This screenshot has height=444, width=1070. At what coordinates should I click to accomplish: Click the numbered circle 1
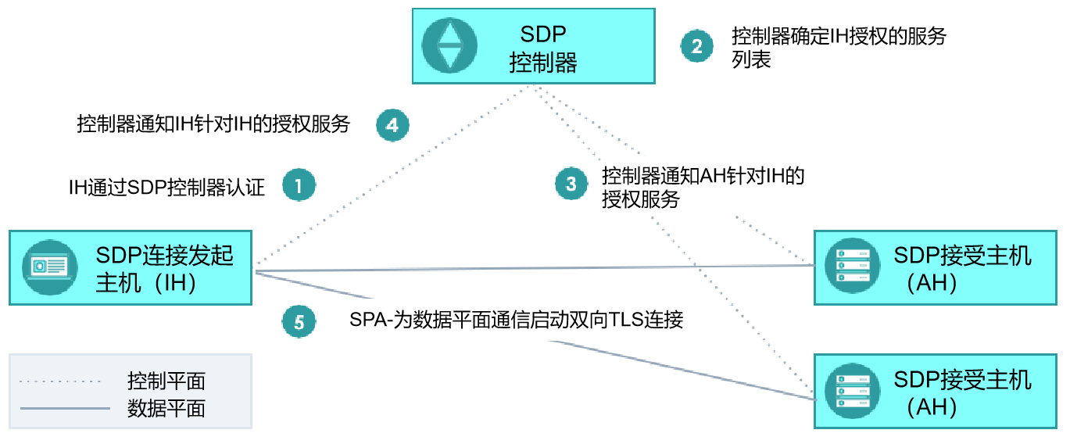pyautogui.click(x=299, y=185)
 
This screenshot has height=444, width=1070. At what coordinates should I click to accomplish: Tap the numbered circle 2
pyautogui.click(x=696, y=46)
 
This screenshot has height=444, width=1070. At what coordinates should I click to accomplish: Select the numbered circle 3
pyautogui.click(x=571, y=184)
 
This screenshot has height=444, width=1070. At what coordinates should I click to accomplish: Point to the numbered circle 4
pyautogui.click(x=392, y=125)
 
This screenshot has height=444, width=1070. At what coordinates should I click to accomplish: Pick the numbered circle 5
pyautogui.click(x=299, y=321)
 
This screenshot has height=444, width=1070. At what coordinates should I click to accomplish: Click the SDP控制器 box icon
pyautogui.click(x=449, y=46)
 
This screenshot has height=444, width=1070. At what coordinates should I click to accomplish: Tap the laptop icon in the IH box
pyautogui.click(x=50, y=267)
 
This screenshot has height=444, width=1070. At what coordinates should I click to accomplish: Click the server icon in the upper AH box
pyautogui.click(x=853, y=266)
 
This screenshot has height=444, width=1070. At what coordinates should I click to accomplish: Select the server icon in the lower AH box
pyautogui.click(x=853, y=391)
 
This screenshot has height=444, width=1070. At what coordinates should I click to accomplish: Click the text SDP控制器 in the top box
pyautogui.click(x=543, y=48)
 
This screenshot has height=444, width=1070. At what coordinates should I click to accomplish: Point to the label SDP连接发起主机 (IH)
pyautogui.click(x=164, y=269)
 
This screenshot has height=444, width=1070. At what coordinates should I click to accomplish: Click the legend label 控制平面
pyautogui.click(x=166, y=381)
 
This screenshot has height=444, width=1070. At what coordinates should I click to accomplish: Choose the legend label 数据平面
pyautogui.click(x=166, y=409)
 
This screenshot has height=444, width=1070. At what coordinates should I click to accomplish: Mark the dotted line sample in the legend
pyautogui.click(x=60, y=381)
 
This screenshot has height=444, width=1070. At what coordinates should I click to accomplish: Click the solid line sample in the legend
pyautogui.click(x=65, y=409)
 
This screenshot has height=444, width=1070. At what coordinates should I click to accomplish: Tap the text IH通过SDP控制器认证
pyautogui.click(x=166, y=188)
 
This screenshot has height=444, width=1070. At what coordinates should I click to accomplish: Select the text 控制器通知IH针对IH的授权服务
pyautogui.click(x=213, y=124)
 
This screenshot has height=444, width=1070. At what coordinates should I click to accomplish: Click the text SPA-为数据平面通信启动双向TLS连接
pyautogui.click(x=517, y=319)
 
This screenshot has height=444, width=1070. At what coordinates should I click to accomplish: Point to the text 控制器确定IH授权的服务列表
pyautogui.click(x=839, y=48)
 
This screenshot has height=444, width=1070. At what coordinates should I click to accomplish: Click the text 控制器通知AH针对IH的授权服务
pyautogui.click(x=703, y=188)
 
